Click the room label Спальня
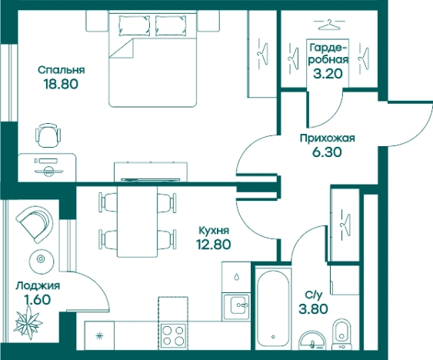[62, 70]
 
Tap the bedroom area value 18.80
[61, 84]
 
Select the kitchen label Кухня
[214, 230]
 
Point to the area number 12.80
[213, 245]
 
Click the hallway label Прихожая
[327, 138]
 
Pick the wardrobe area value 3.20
[328, 74]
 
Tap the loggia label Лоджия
[38, 285]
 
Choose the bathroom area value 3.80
[314, 308]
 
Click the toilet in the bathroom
[342, 335]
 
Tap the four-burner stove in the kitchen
[173, 335]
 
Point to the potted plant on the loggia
[28, 323]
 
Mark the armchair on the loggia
[35, 225]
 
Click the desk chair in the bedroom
[48, 135]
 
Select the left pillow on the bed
[135, 25]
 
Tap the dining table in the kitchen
[137, 222]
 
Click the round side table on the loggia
[41, 259]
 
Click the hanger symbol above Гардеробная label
[329, 25]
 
